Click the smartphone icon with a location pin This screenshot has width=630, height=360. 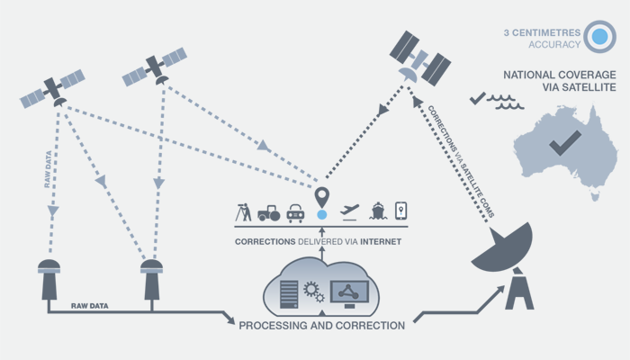(401, 211)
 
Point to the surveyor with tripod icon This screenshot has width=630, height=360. (243, 212)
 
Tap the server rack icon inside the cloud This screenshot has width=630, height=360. (288, 292)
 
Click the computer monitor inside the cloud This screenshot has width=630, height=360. (347, 292)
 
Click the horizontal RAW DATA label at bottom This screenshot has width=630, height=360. (89, 306)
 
